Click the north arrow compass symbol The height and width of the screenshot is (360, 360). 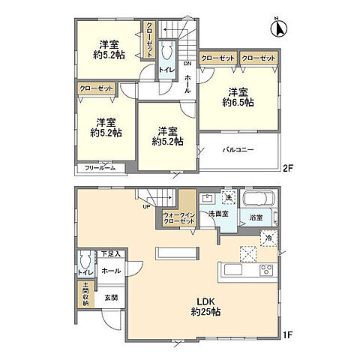tap(277, 29)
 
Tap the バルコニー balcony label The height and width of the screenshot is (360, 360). tap(238, 150)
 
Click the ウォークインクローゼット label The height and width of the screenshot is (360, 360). tap(178, 219)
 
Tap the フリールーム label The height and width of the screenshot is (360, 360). tap(99, 166)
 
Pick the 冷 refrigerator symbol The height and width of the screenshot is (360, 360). tap(268, 238)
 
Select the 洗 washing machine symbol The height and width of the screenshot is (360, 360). tap(229, 198)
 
